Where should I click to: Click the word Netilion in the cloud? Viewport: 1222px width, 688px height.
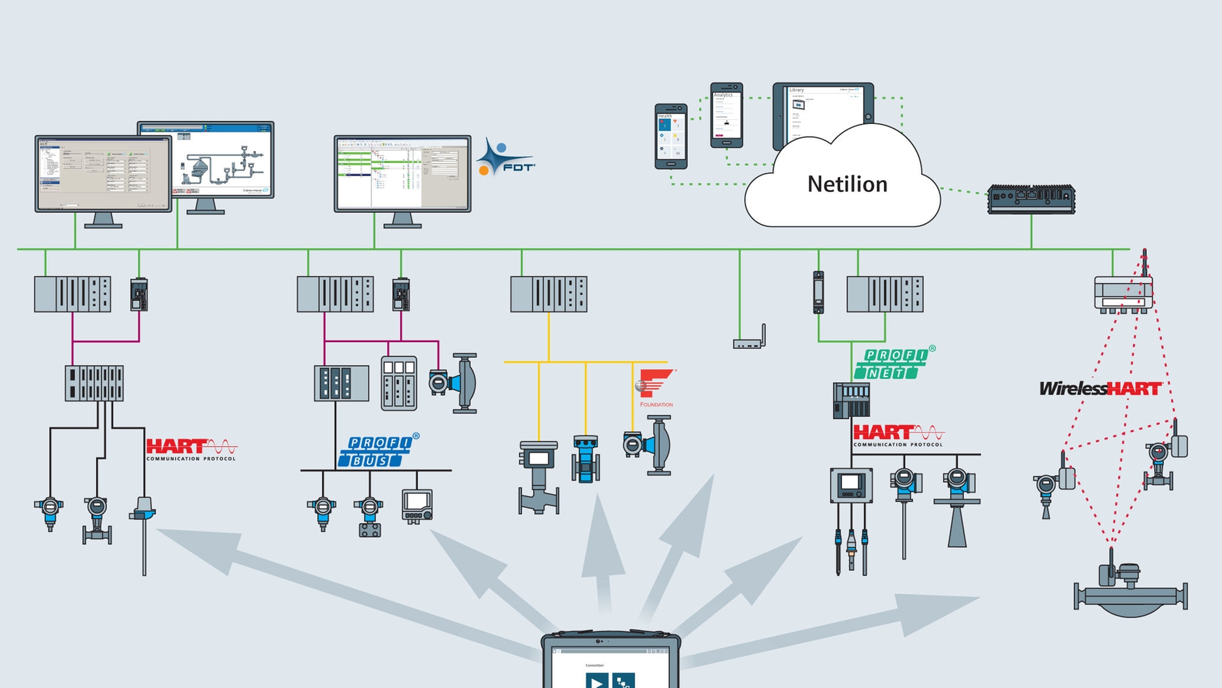coord(847,184)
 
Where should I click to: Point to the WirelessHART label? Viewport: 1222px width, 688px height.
coord(1100,389)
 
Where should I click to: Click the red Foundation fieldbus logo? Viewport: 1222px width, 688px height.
coord(655,387)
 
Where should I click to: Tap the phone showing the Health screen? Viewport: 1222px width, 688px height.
coord(670,136)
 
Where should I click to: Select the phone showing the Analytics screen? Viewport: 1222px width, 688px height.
coord(727,115)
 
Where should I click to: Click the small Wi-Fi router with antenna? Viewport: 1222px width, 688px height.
coord(749,340)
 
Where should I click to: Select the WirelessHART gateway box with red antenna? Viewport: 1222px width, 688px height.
coord(1123,293)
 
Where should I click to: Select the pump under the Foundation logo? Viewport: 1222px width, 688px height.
coord(650,446)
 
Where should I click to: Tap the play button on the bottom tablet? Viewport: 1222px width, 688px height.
coord(596,681)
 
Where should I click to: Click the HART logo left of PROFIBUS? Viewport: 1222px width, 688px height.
coord(191,449)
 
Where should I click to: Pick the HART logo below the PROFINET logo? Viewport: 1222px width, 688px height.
coord(898,435)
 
